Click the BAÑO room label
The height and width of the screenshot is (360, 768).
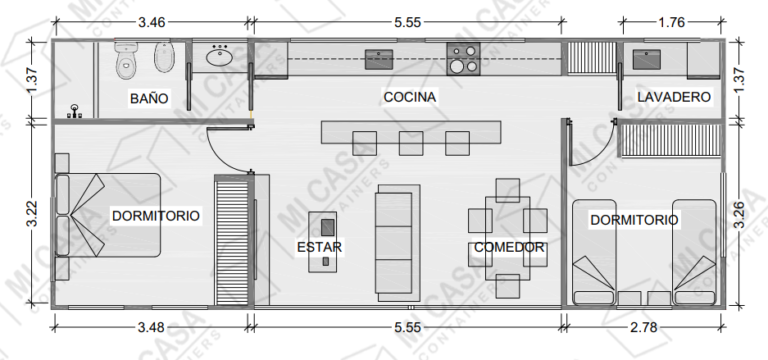pos(148,98)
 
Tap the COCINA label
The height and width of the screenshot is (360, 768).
pos(409,97)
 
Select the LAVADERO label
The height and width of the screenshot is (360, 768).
pos(673,97)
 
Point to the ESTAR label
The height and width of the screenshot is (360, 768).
pos(320,247)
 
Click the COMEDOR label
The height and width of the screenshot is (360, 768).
pos(508,247)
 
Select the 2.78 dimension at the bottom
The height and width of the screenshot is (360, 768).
pos(649,326)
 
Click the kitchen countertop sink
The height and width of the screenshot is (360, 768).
pos(377,58)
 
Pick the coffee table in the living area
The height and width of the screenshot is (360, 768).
pos(325,239)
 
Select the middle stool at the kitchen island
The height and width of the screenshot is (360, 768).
pos(411,144)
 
